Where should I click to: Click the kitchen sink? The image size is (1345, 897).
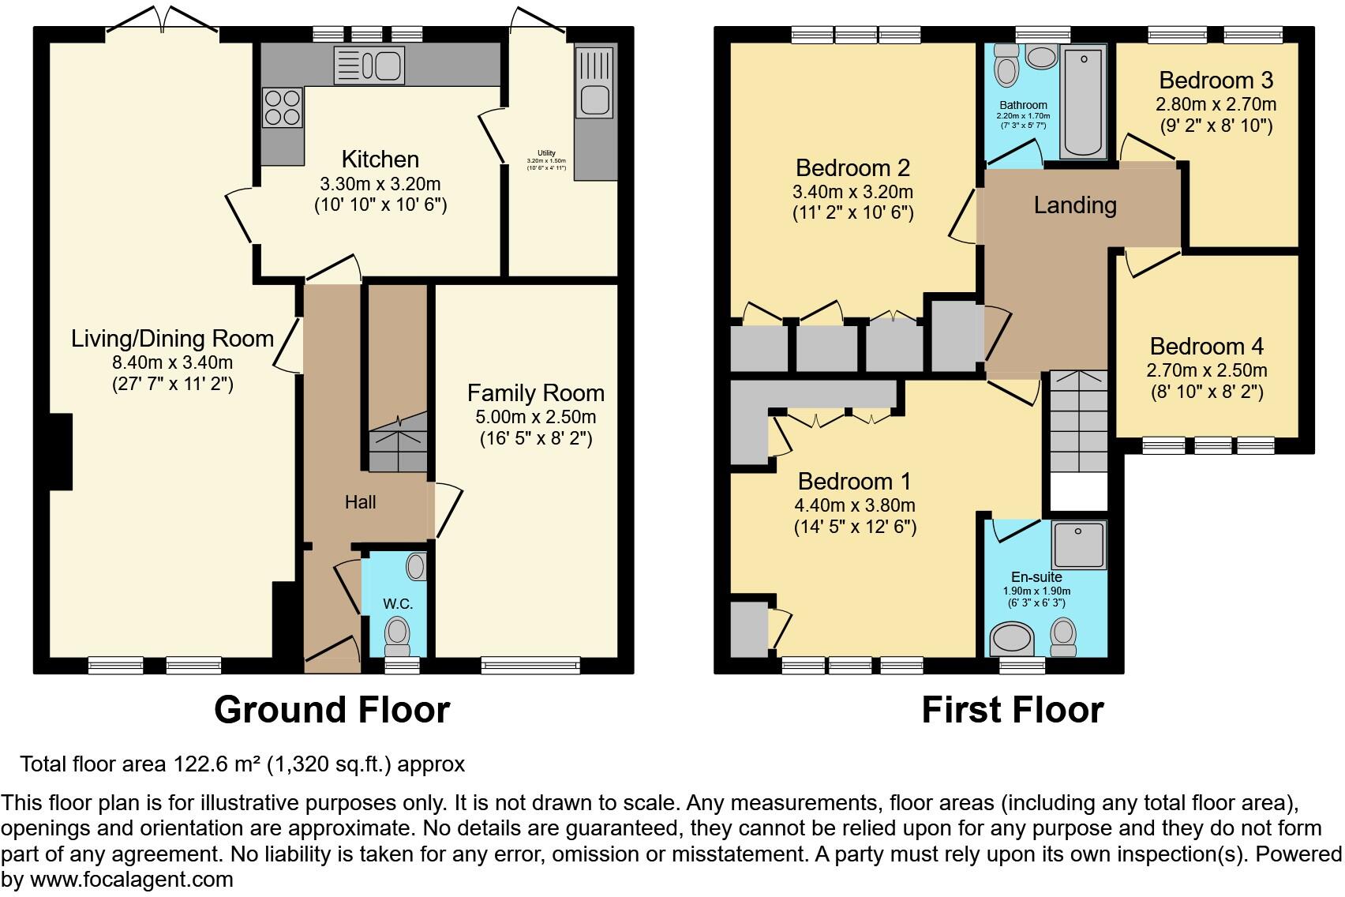pyautogui.click(x=369, y=64)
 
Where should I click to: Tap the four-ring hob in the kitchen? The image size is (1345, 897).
pyautogui.click(x=283, y=107)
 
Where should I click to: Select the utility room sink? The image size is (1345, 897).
pyautogui.click(x=595, y=99)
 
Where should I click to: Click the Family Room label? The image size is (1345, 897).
pyautogui.click(x=535, y=393)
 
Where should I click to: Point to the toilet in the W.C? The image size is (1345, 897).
pyautogui.click(x=398, y=634)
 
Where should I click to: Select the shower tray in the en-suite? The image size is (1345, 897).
pyautogui.click(x=1078, y=543)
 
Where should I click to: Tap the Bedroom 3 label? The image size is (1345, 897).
pyautogui.click(x=1216, y=81)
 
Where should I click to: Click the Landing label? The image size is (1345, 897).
pyautogui.click(x=1075, y=205)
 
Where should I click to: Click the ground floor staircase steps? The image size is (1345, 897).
pyautogui.click(x=398, y=446)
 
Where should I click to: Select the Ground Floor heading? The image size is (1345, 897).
pyautogui.click(x=332, y=709)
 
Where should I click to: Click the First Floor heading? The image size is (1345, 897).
pyautogui.click(x=1012, y=709)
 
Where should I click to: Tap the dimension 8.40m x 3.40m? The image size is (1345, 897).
pyautogui.click(x=172, y=362)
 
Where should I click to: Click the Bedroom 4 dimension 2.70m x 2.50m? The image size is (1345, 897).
pyautogui.click(x=1206, y=370)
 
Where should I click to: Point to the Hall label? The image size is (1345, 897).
pyautogui.click(x=360, y=502)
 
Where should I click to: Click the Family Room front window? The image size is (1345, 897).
pyautogui.click(x=530, y=666)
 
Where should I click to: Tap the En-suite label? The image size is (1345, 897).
pyautogui.click(x=1036, y=577)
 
